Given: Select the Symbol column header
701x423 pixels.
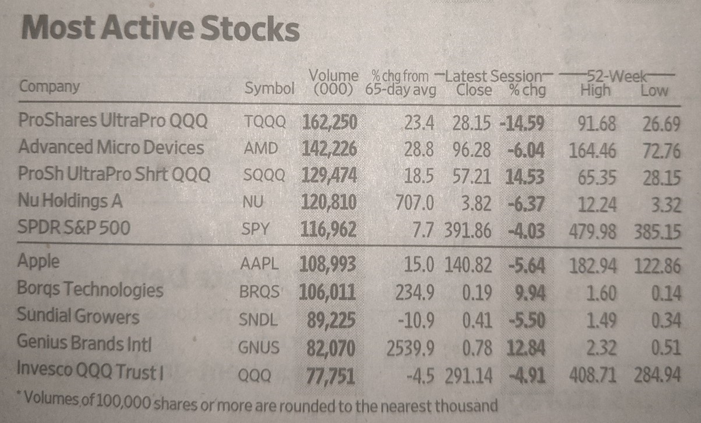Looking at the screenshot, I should pyautogui.click(x=269, y=89).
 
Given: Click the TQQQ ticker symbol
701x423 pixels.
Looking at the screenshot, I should pyautogui.click(x=266, y=122).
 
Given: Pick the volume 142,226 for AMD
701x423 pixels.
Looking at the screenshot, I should pyautogui.click(x=329, y=150).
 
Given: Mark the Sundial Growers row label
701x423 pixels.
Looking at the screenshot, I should pyautogui.click(x=78, y=317).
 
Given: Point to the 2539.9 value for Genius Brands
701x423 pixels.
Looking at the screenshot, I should pyautogui.click(x=410, y=348).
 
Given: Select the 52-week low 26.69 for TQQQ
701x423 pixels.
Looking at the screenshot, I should pyautogui.click(x=661, y=122).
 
